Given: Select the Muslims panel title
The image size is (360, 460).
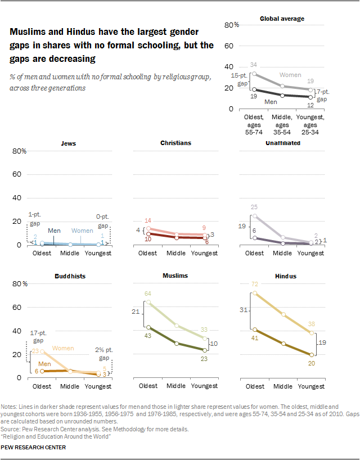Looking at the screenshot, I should (x=175, y=276).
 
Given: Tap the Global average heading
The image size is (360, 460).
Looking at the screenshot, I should (x=282, y=19).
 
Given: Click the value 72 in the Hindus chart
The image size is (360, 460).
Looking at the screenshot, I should (x=255, y=285).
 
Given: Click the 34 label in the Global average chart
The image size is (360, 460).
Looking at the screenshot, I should (x=254, y=65).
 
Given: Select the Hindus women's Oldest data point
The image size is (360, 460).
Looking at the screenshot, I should (x=255, y=293).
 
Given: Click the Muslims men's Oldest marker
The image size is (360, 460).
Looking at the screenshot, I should (x=148, y=327).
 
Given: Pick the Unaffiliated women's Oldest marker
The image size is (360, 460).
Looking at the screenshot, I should (x=255, y=216).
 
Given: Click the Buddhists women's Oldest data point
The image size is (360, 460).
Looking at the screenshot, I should (x=42, y=351).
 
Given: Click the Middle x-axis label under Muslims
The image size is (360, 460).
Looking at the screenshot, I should (x=175, y=386).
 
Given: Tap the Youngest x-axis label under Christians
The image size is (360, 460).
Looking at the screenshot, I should (x=204, y=253).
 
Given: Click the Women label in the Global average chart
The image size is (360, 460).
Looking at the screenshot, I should (x=290, y=75).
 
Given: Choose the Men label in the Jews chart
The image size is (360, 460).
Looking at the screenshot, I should (x=54, y=231).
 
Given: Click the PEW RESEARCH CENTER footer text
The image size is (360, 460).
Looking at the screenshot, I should (x=34, y=448).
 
